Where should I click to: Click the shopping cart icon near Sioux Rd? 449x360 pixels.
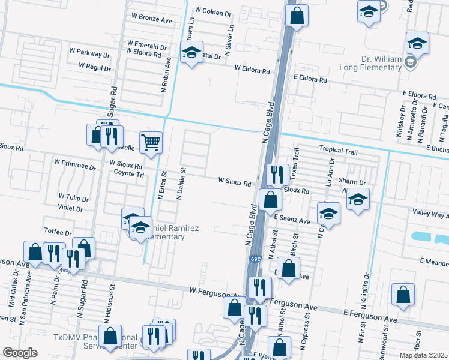[151, 143]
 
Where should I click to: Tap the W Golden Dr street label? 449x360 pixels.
[213, 12]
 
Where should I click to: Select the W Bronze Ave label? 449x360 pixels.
[151, 20]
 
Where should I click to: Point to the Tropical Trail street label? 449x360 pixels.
[338, 151]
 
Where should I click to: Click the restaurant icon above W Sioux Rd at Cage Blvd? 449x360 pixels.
[276, 175]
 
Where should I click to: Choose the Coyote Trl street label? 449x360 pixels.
[129, 174]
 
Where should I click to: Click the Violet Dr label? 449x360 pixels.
[71, 209]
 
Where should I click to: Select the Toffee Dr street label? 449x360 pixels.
[58, 232]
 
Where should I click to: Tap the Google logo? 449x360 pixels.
[20, 353]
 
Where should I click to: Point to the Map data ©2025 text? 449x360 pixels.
[423, 355]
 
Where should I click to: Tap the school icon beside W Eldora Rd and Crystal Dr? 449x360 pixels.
[192, 53]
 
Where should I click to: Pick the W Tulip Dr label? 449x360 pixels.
[73, 197]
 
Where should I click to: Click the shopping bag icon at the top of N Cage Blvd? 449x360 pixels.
[297, 16]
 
